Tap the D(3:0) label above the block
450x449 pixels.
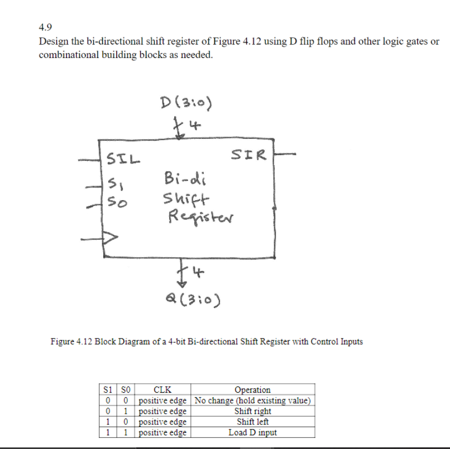pos(185,103)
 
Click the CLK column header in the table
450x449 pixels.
pos(162,390)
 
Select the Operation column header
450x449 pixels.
pos(252,390)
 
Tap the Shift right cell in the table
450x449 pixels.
pos(252,411)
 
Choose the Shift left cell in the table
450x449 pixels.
pos(252,422)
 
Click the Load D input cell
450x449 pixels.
pos(252,432)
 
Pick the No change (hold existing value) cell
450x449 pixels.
pos(252,400)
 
